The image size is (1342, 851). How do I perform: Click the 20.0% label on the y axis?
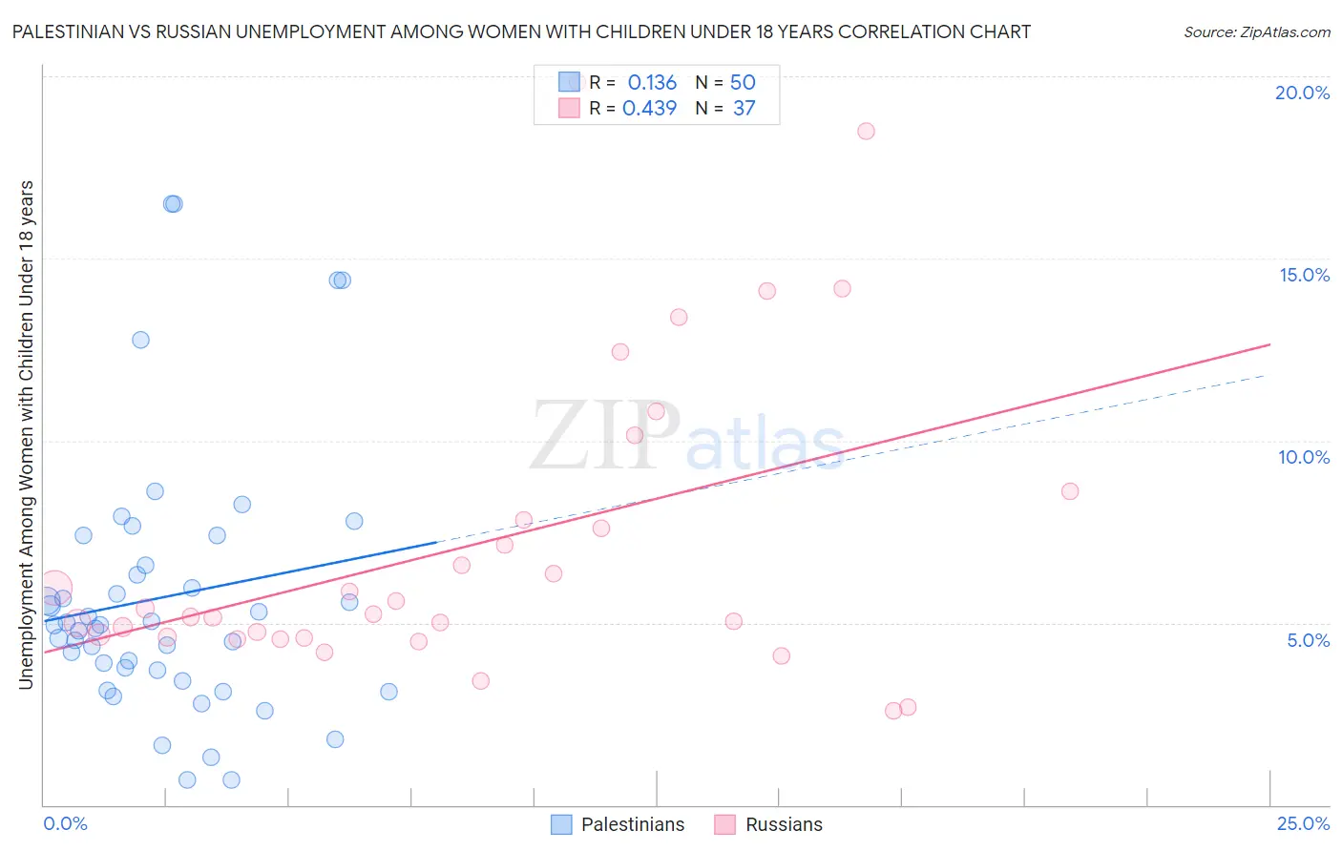[1302, 93]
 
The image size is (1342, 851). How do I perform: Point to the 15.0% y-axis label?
[1304, 275]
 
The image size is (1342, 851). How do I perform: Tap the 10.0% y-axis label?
[1304, 457]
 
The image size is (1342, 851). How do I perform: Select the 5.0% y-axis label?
[1308, 640]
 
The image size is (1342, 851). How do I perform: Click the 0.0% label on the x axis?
[65, 823]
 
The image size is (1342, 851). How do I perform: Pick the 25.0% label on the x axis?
[1303, 823]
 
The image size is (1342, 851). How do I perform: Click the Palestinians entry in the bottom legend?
[632, 824]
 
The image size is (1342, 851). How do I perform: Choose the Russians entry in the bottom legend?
[783, 824]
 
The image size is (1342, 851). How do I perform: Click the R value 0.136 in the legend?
[652, 83]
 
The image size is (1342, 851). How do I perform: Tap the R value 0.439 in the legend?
[649, 109]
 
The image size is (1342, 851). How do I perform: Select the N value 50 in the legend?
[743, 83]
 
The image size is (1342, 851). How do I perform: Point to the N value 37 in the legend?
[744, 109]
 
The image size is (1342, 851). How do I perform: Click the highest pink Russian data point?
[866, 131]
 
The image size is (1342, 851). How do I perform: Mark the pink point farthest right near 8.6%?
[1070, 491]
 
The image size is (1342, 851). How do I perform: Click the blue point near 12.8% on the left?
[140, 340]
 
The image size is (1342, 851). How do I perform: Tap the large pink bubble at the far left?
[54, 588]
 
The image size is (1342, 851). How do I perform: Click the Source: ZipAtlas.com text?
[1256, 32]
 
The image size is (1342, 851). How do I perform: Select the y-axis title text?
[26, 434]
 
